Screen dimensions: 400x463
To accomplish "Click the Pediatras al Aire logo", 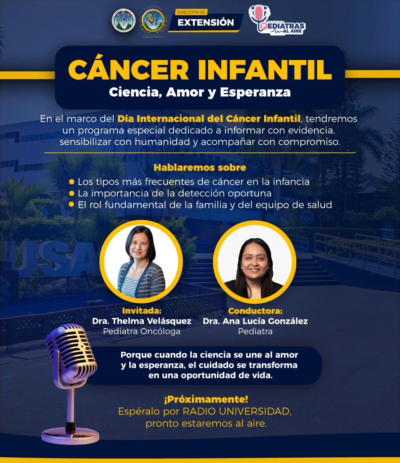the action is (x=277, y=21).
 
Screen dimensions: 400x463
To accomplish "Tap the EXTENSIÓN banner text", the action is (x=206, y=22).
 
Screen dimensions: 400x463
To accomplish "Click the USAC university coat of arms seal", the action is (x=124, y=21).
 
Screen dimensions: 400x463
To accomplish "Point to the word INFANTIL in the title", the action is (x=264, y=70).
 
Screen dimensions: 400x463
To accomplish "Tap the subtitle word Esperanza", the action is (x=255, y=92).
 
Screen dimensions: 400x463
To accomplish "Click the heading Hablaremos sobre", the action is (x=200, y=167).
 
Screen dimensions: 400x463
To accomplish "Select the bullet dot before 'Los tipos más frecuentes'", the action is (x=72, y=181).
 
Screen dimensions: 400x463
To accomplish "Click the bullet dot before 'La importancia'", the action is (x=72, y=193).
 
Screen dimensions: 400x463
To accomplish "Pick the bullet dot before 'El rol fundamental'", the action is (x=71, y=204).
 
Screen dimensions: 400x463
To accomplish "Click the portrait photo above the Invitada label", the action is (x=141, y=262).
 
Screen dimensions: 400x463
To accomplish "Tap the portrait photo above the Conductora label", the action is (x=255, y=262).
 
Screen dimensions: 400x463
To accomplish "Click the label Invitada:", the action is (x=141, y=311).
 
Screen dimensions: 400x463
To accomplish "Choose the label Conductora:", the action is (x=255, y=311).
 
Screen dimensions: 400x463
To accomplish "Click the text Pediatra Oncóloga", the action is (x=141, y=332).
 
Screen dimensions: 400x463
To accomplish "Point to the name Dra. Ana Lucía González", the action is (x=255, y=321).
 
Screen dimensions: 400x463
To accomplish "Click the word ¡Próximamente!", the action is (x=206, y=400).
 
